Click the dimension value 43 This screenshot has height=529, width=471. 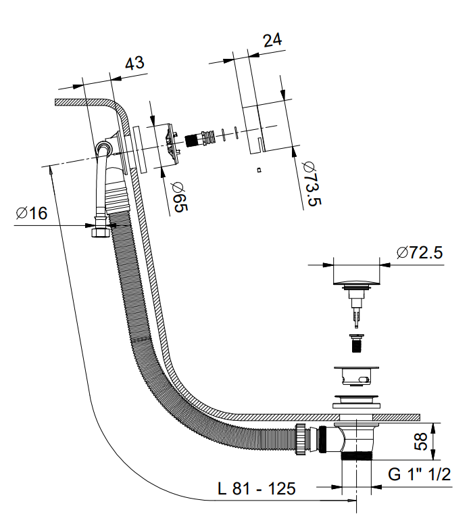(x=135, y=63)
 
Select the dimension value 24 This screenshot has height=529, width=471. (x=272, y=40)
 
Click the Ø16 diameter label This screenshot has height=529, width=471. (x=32, y=213)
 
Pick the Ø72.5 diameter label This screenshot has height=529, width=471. (x=420, y=253)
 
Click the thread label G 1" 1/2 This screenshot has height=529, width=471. (x=419, y=474)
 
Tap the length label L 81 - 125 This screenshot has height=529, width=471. (x=257, y=489)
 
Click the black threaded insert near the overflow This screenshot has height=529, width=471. (x=195, y=140)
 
